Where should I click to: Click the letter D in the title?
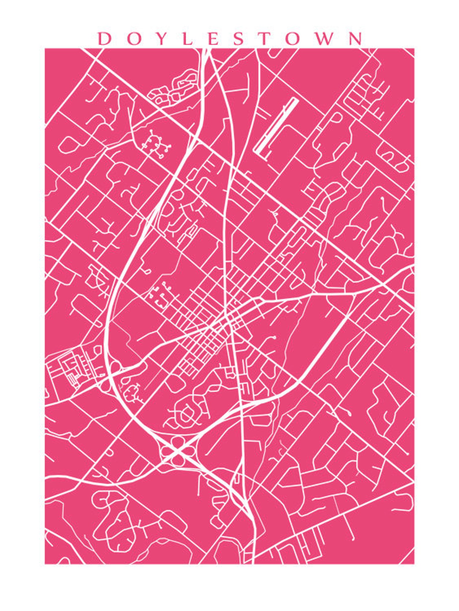tap(105, 38)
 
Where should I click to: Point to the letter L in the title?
tap(187, 38)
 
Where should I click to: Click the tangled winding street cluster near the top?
tap(173, 88)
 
